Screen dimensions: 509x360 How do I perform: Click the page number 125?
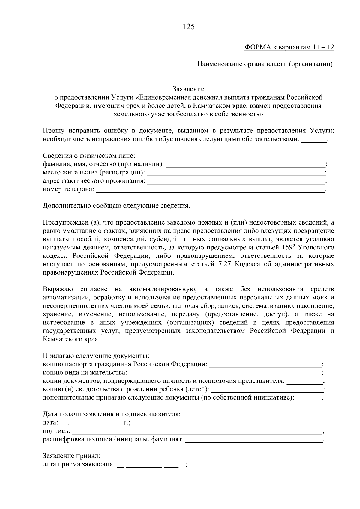click(x=189, y=27)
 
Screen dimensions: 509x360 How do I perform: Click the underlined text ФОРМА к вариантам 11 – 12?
click(x=289, y=47)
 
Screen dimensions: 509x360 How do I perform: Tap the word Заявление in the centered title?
click(x=188, y=89)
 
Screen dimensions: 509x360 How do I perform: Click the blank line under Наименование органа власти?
click(x=264, y=75)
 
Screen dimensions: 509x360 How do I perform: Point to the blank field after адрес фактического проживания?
click(x=236, y=181)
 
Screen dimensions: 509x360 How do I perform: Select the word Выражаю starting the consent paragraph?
click(x=58, y=290)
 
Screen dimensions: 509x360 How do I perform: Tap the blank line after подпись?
click(x=196, y=432)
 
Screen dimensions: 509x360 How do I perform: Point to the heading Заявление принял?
click(x=71, y=456)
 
